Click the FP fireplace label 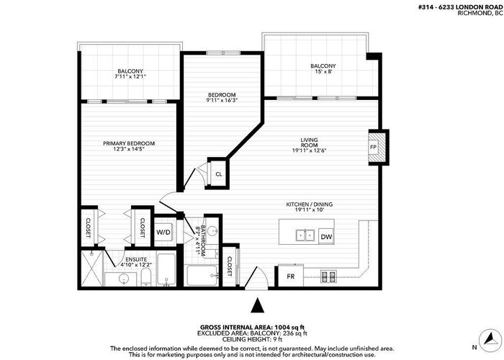(x=373, y=147)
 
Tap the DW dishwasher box (x=326, y=237)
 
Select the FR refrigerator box (x=291, y=276)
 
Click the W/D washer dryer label (x=163, y=232)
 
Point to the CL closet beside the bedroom (x=219, y=174)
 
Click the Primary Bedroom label (x=129, y=143)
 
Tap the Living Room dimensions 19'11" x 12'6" (x=309, y=150)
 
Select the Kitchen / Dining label (x=309, y=204)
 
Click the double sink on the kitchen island (x=305, y=235)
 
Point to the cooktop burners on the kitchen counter (x=328, y=276)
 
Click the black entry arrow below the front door (x=257, y=305)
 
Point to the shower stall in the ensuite (x=92, y=269)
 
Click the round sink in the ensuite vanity (x=124, y=279)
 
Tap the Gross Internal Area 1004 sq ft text (x=252, y=327)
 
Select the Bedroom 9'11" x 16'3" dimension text (x=222, y=100)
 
